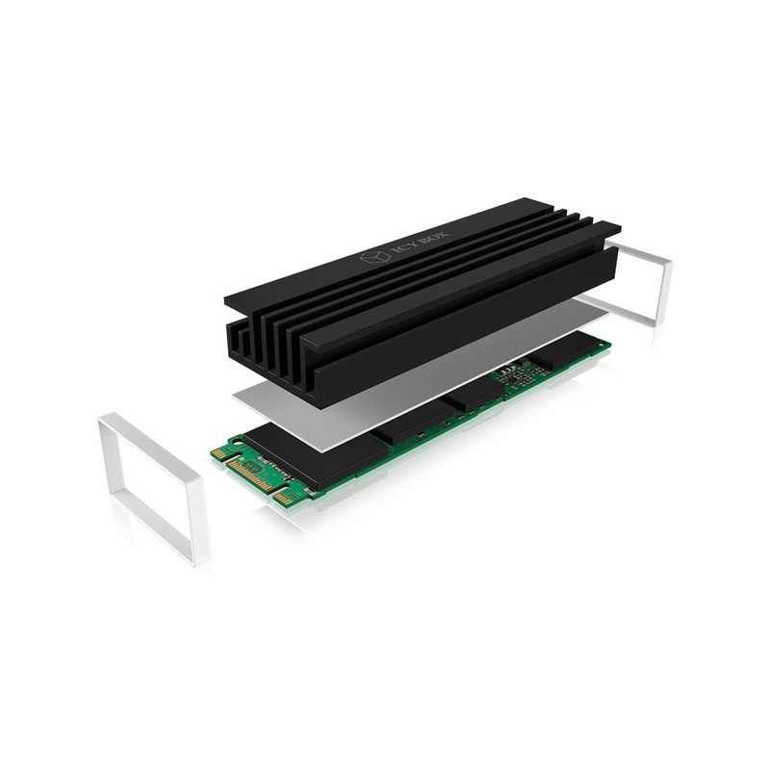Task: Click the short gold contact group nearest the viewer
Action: (284, 499)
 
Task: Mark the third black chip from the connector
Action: (472, 395)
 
